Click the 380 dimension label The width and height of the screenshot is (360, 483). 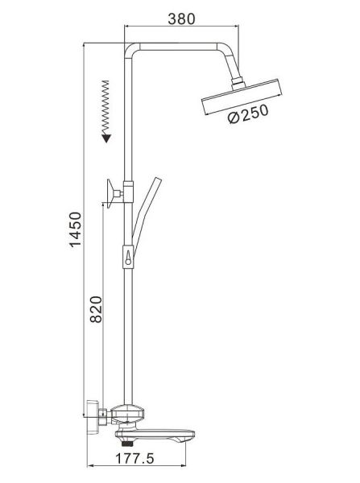tap(181, 19)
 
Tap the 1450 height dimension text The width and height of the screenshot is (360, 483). tap(75, 229)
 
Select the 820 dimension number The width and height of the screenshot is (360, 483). tap(96, 309)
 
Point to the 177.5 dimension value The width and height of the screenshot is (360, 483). tap(134, 458)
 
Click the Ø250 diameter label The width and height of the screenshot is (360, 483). tap(248, 114)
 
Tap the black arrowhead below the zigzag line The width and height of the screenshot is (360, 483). tap(106, 138)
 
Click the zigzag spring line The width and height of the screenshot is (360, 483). tap(106, 108)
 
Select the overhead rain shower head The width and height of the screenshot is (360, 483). tap(242, 97)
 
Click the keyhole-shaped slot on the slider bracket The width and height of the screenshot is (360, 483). tap(128, 258)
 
